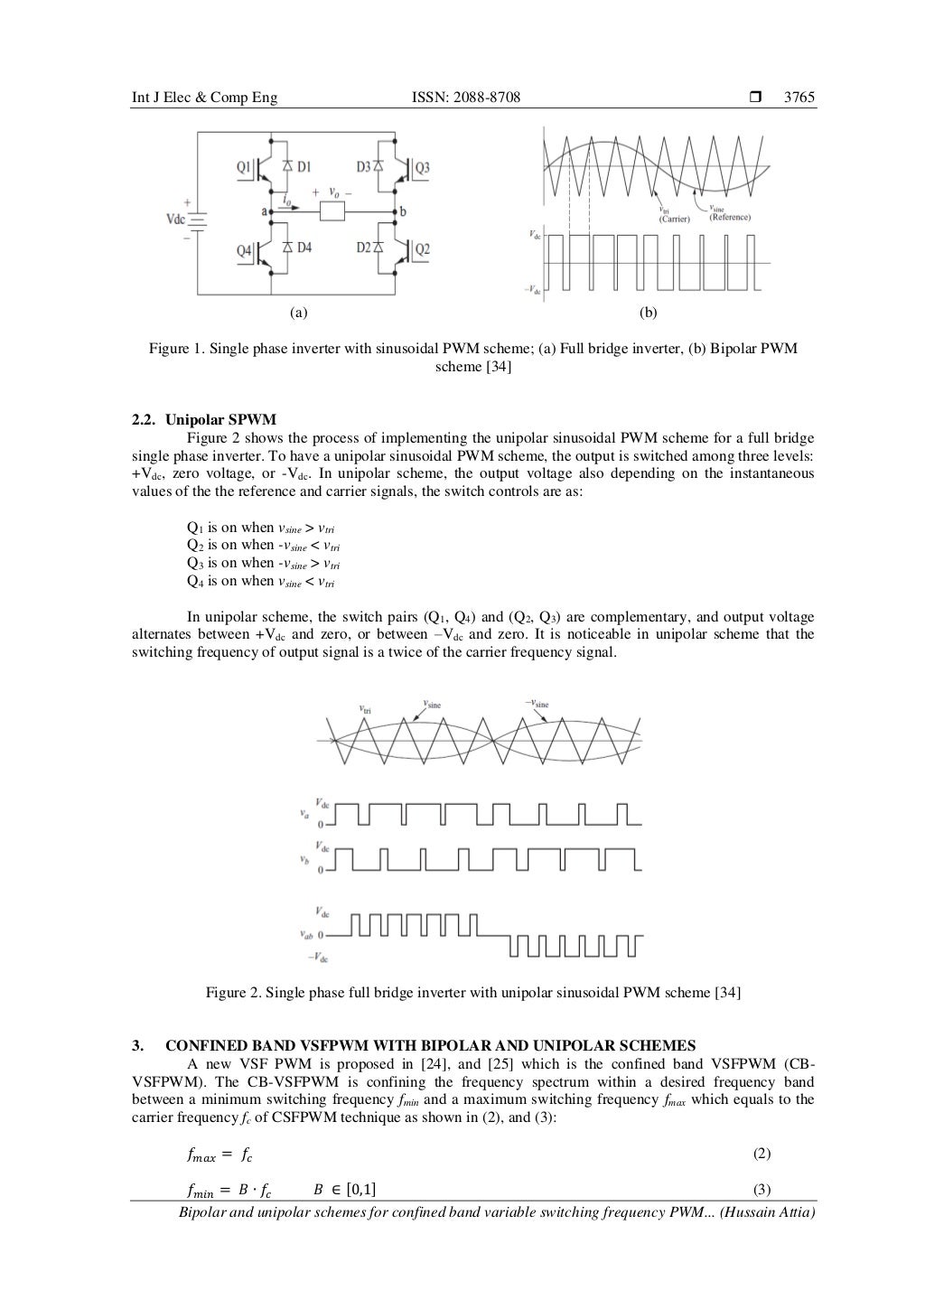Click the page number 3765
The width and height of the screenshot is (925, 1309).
click(799, 98)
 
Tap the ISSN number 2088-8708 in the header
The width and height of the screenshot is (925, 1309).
click(485, 98)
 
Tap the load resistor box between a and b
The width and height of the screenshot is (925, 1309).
click(333, 212)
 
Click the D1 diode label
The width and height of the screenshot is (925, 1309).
click(304, 167)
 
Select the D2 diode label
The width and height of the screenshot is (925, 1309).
click(364, 250)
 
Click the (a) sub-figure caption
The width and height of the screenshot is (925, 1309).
click(298, 313)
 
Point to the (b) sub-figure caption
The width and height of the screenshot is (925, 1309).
click(648, 313)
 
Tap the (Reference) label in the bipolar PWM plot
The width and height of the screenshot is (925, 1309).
click(730, 217)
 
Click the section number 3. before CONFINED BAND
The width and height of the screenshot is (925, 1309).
click(137, 1047)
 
